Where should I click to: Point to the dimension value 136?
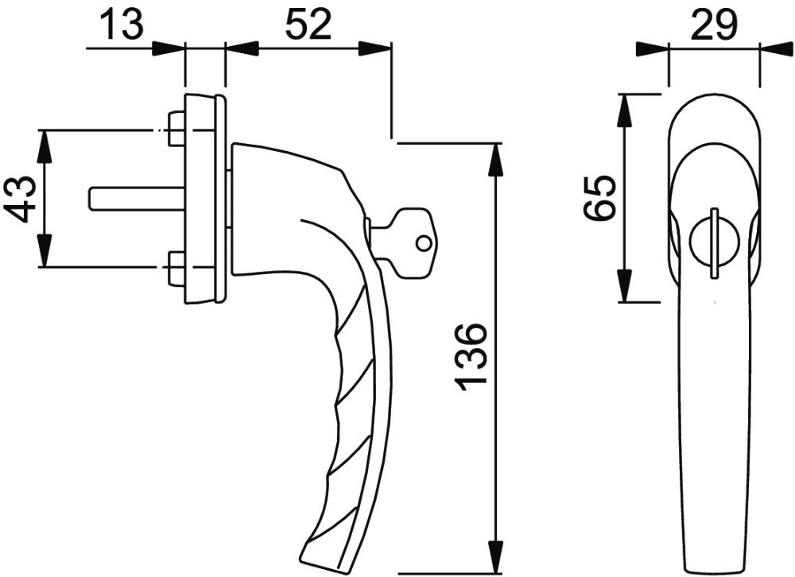[x=472, y=357]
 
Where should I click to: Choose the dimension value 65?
[x=599, y=198]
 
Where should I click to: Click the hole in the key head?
[x=422, y=244]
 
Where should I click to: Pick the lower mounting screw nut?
[x=176, y=269]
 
